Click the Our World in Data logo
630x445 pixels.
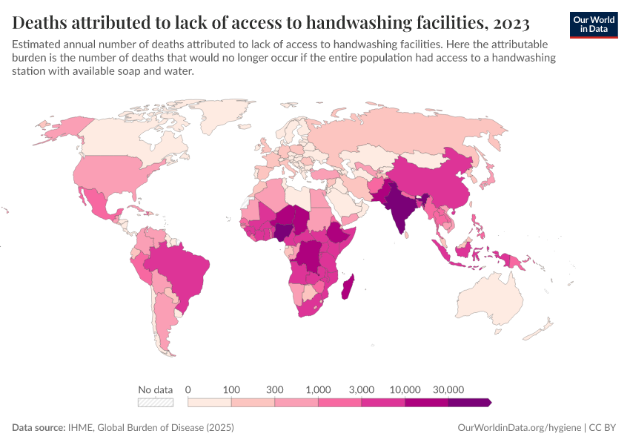(594, 24)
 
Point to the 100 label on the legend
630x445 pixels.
(232, 389)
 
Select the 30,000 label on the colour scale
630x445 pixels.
(448, 389)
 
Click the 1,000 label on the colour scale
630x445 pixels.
(318, 389)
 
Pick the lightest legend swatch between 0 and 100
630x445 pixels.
(210, 402)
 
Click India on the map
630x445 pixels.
(401, 208)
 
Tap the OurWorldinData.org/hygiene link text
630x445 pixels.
(518, 428)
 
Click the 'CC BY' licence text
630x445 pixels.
(603, 428)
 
